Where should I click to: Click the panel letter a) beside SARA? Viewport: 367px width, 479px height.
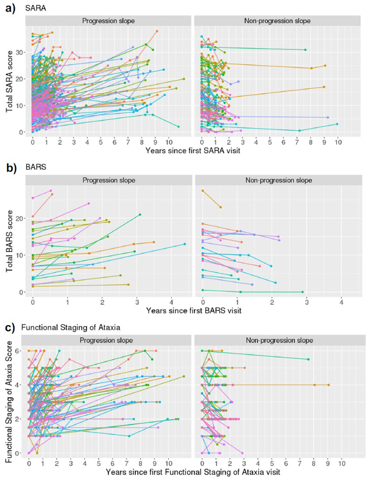click(x=9, y=7)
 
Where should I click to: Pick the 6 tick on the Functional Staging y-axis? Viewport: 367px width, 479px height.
click(x=21, y=351)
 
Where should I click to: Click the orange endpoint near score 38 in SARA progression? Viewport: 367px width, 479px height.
click(x=157, y=31)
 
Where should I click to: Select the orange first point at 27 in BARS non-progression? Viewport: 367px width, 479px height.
click(x=203, y=191)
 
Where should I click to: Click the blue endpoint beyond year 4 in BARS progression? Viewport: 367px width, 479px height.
click(x=185, y=244)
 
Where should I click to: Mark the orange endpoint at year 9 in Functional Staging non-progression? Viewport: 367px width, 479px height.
click(x=328, y=385)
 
